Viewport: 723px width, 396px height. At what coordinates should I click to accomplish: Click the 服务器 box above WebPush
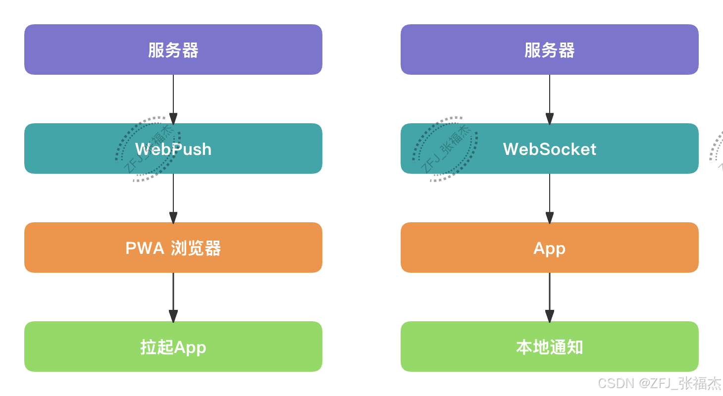[173, 49]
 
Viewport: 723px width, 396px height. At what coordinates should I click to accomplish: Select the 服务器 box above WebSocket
[550, 49]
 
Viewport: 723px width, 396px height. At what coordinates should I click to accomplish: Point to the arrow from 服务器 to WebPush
[173, 99]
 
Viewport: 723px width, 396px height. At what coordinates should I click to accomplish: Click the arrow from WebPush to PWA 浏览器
[173, 198]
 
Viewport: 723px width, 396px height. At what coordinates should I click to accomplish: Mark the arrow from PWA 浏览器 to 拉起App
[173, 297]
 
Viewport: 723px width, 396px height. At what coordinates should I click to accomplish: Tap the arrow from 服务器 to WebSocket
[550, 99]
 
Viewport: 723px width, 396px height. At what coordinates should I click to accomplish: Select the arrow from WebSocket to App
[550, 198]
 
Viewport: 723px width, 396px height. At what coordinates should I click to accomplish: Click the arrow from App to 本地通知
[550, 297]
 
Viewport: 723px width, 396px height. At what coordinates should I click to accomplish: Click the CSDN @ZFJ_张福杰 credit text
[659, 383]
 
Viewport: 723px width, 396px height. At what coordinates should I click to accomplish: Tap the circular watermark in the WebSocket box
[445, 148]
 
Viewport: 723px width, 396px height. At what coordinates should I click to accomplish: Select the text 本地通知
[550, 347]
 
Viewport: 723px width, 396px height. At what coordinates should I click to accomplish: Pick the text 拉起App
[173, 347]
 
